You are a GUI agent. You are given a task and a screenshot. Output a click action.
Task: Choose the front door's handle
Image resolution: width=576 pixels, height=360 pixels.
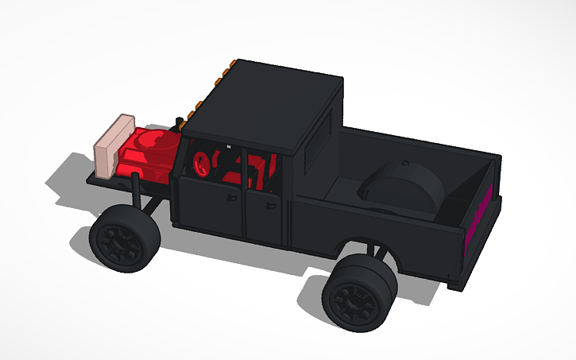pyautogui.click(x=236, y=195)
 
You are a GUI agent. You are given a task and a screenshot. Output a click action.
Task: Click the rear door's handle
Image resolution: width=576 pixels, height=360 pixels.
pyautogui.click(x=273, y=205)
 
